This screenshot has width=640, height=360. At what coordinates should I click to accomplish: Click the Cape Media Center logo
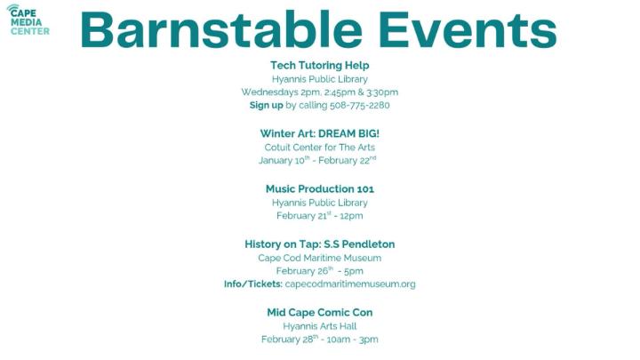[29, 19]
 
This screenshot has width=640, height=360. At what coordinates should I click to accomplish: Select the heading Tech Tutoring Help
[319, 65]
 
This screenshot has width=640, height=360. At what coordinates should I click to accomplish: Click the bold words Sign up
[266, 105]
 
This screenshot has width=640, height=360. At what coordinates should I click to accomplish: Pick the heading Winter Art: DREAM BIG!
[319, 133]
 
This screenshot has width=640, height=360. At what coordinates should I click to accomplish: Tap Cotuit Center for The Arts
[319, 147]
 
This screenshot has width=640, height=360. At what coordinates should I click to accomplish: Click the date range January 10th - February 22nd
[317, 160]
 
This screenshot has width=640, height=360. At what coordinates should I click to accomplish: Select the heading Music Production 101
[319, 188]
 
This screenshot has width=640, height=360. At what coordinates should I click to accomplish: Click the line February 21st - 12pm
[319, 215]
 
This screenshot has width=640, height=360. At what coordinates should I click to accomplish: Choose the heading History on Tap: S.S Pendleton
[319, 244]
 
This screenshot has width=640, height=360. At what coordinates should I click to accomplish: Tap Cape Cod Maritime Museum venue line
[319, 258]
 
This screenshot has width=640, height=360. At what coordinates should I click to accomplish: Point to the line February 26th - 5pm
[319, 271]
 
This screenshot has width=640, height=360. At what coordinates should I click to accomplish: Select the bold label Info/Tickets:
[252, 284]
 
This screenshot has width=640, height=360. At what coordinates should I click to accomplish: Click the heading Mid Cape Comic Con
[319, 313]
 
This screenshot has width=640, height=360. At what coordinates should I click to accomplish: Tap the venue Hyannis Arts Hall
[319, 326]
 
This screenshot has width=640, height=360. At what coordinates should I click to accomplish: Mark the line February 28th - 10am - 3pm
[319, 340]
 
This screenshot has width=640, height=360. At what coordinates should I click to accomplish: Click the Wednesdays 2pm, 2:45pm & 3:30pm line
[319, 92]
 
